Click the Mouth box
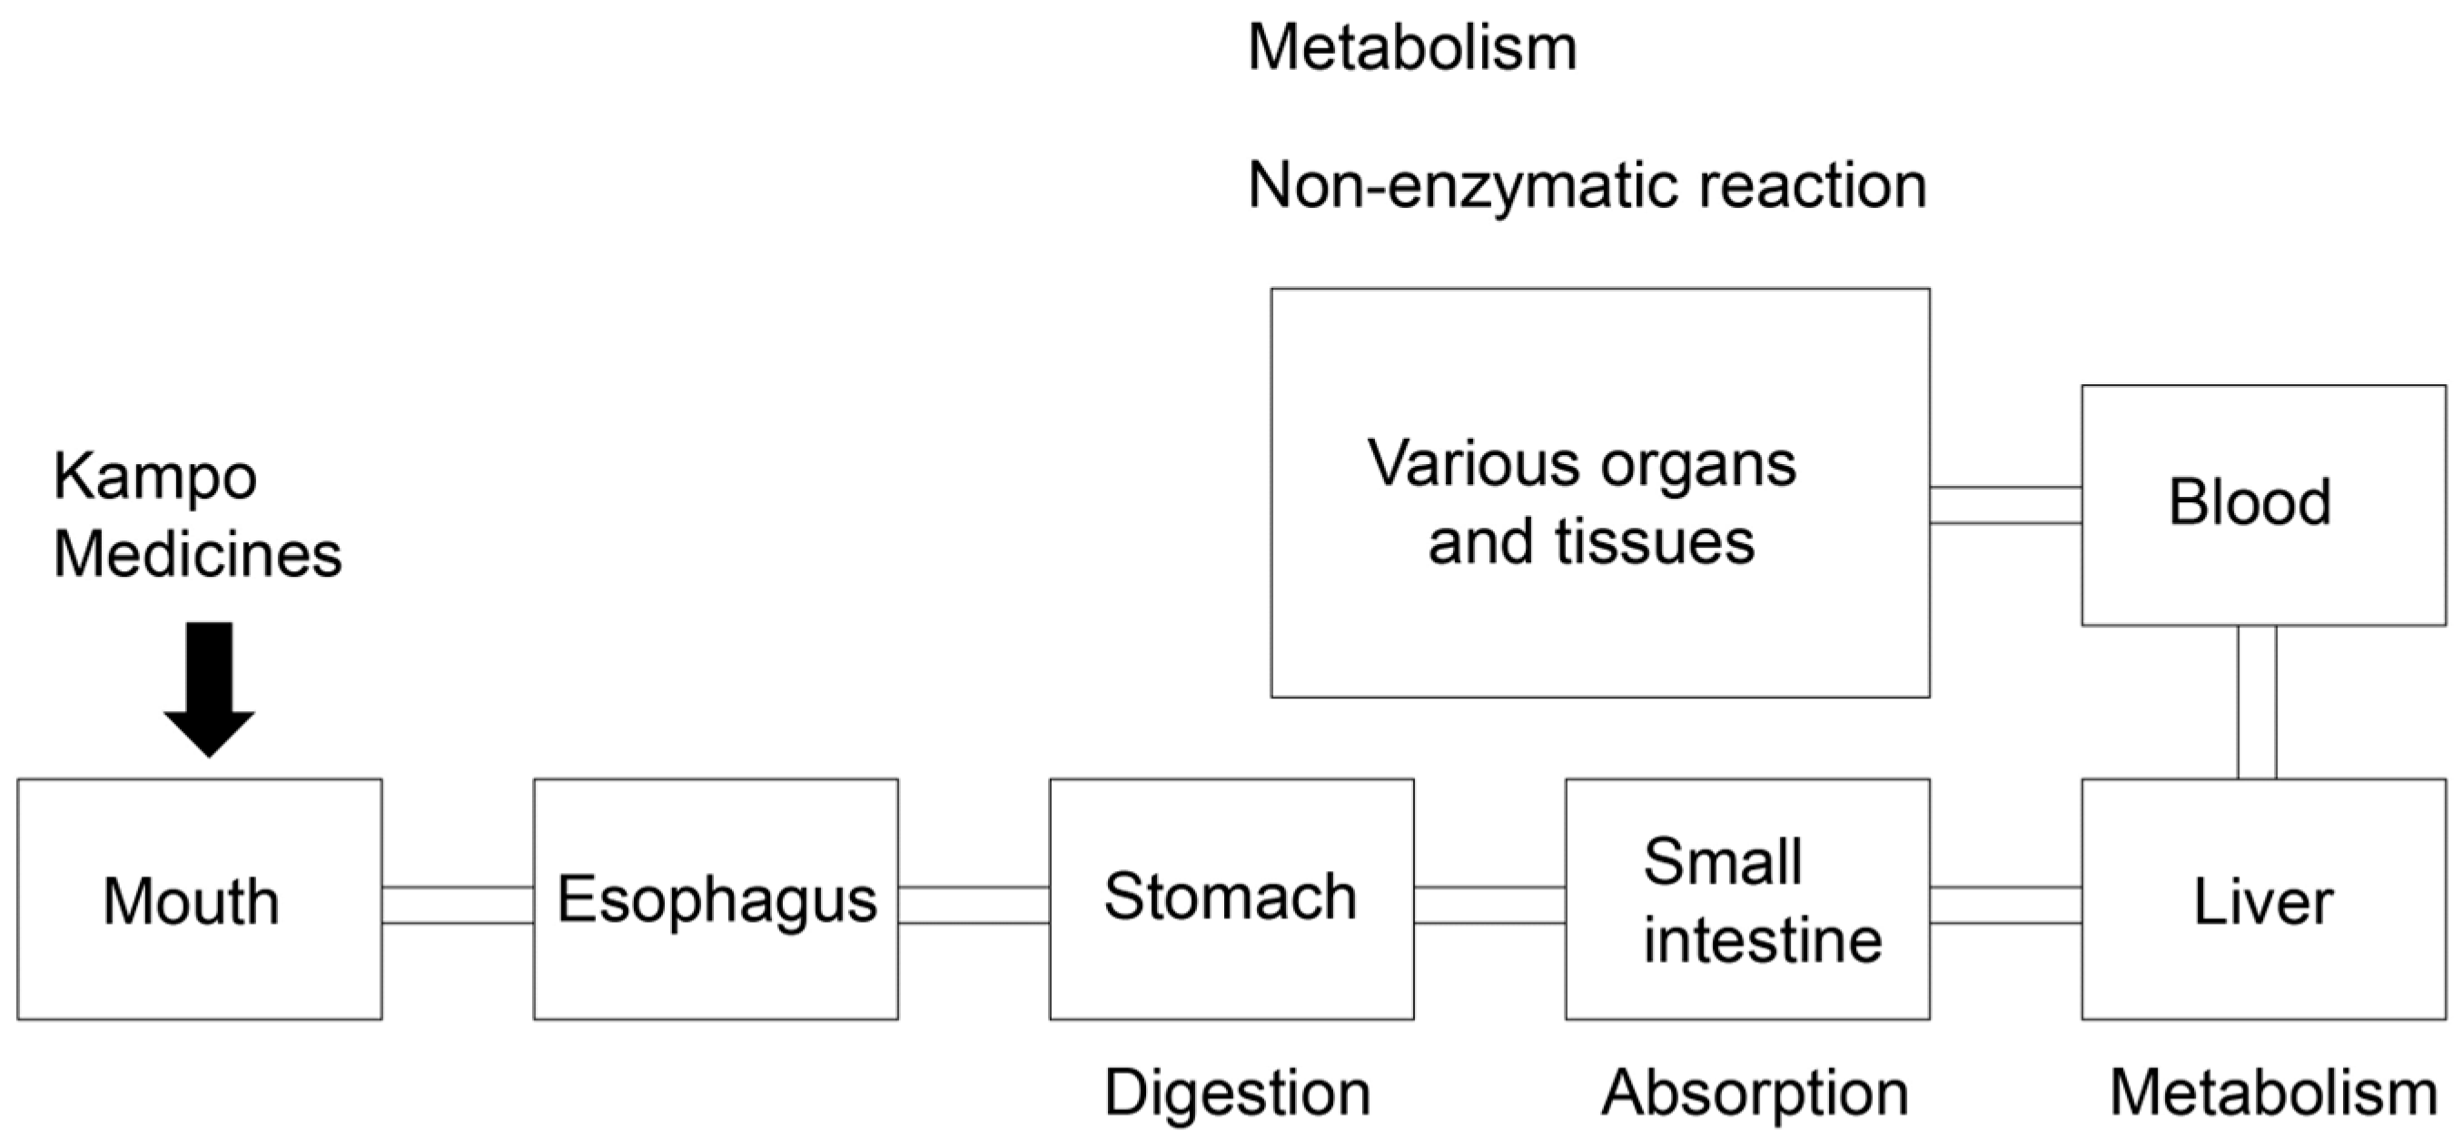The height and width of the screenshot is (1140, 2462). point(199,899)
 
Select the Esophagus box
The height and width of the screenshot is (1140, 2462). point(716,899)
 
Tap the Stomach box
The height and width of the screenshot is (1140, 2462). point(1231,899)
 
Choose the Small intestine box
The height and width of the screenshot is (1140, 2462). point(1747,899)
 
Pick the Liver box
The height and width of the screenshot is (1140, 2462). point(2263,899)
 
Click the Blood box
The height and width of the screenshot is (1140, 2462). point(2263,504)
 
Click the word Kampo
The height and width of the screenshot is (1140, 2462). point(154,476)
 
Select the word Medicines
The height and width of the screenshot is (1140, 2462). point(197,554)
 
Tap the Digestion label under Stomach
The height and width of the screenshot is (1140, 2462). point(1238,1092)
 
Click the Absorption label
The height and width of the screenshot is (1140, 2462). point(1755,1092)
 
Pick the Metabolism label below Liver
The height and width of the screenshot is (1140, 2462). point(2273,1092)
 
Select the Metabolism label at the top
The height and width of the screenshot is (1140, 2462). point(1411,48)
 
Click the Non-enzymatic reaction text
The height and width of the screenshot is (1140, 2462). point(1587,185)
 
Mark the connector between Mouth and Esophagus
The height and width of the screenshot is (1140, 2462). point(458,904)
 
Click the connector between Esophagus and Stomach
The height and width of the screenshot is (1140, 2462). point(974,904)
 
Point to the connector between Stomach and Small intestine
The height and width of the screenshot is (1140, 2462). point(1489,904)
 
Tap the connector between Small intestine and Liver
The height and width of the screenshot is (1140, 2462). point(2005,904)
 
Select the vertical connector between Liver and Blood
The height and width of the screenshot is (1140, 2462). point(2256,702)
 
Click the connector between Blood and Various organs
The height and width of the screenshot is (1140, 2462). point(2005,504)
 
